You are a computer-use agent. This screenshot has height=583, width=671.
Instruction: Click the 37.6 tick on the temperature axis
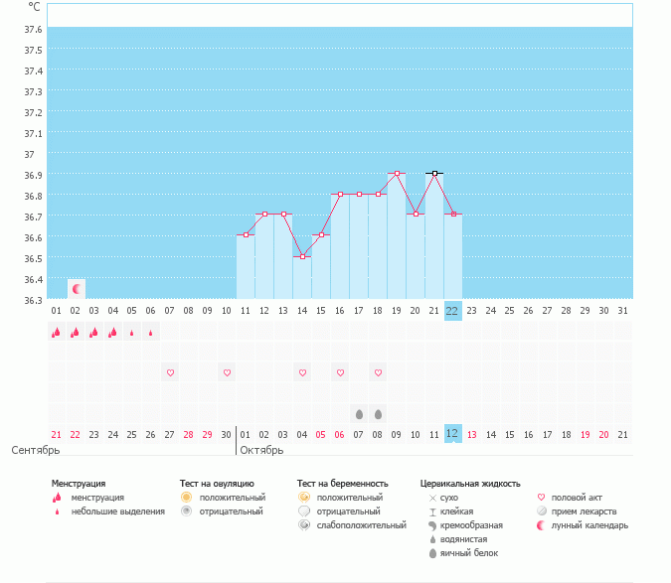tap(33, 29)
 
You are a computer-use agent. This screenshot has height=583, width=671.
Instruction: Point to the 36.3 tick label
tap(33, 300)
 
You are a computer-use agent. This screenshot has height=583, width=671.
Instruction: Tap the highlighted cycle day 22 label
tap(452, 311)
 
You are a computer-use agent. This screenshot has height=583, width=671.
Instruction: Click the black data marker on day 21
tap(434, 173)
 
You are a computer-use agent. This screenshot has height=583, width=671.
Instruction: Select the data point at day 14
tap(302, 256)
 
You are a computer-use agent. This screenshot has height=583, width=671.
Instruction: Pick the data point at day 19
tap(397, 173)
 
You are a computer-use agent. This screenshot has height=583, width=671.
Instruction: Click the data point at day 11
tap(246, 235)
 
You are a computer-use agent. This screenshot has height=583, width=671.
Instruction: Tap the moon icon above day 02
tap(76, 288)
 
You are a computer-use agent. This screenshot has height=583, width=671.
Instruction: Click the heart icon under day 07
tap(170, 372)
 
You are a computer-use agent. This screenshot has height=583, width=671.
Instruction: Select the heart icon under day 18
tap(378, 372)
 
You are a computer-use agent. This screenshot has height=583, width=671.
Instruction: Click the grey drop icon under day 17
tap(359, 413)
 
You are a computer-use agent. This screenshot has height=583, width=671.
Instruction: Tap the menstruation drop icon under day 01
tap(56, 333)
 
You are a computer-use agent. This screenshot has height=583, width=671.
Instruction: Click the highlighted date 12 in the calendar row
tap(452, 434)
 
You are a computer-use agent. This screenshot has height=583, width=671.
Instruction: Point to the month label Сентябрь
tap(36, 450)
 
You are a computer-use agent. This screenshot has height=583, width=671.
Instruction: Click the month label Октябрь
tap(261, 450)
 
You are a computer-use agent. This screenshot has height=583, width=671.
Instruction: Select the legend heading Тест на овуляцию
tap(217, 484)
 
